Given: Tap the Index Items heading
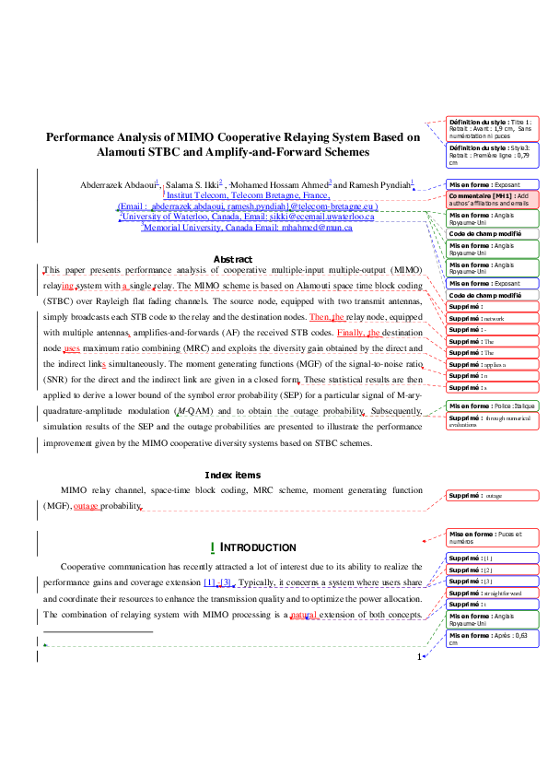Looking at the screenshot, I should [233, 475].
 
